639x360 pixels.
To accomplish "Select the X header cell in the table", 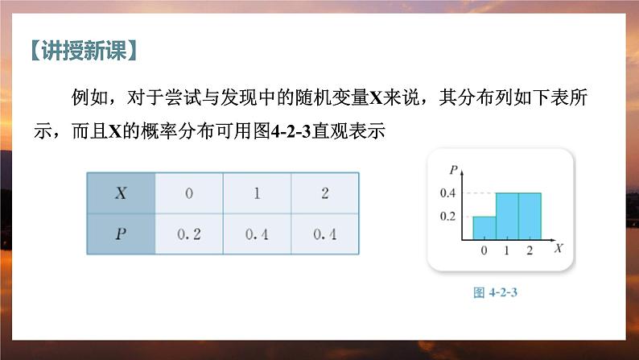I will click(x=120, y=193).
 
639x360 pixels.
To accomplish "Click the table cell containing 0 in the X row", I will click(x=188, y=193).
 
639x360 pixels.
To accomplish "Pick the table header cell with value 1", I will click(x=257, y=193).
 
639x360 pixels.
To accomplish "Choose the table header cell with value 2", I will click(x=324, y=193).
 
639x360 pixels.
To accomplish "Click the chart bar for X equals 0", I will click(x=484, y=228).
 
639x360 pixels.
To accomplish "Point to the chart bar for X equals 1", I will click(x=506, y=217).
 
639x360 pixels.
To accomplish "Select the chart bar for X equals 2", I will click(x=529, y=217).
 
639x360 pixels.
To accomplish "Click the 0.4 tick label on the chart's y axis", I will click(x=447, y=193).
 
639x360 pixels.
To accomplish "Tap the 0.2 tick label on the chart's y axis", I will click(x=447, y=217).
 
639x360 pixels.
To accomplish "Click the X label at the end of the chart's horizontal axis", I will click(x=557, y=250).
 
